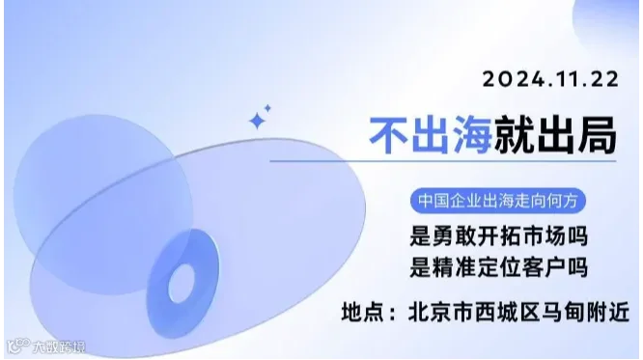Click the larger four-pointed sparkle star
258,121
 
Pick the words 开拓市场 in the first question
520,235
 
